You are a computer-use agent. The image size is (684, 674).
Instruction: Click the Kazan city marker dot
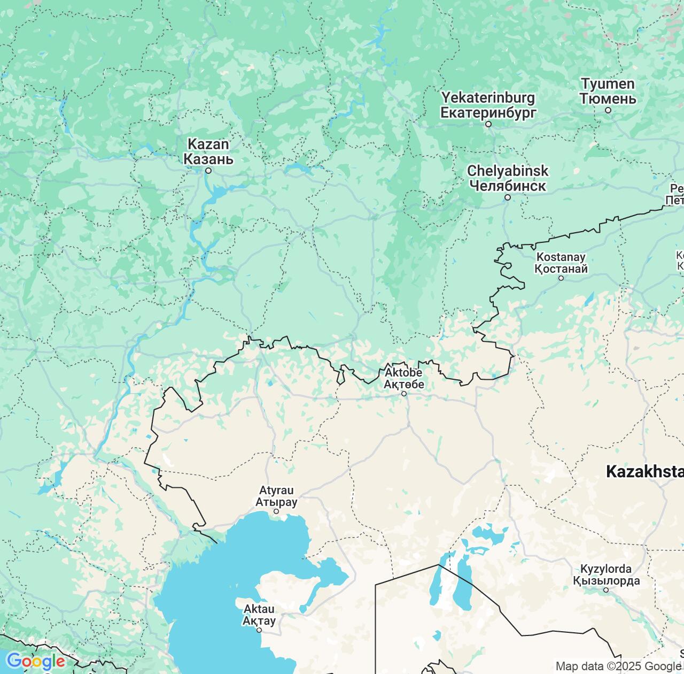pos(209,171)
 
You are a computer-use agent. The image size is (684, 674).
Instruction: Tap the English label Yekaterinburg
pos(488,98)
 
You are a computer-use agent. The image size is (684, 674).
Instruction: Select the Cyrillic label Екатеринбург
pos(488,112)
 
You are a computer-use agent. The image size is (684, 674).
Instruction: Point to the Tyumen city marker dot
pos(608,110)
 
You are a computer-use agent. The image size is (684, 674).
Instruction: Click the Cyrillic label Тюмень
pos(608,98)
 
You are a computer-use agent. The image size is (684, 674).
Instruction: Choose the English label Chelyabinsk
pos(508,171)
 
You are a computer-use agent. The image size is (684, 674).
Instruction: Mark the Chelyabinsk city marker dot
pos(508,197)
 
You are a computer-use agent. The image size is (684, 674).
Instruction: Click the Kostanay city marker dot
pos(561,278)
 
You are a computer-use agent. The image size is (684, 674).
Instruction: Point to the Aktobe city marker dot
pos(404,394)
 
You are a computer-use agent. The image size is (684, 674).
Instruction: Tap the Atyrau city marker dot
pos(276,511)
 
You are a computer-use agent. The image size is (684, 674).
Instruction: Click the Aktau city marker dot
pos(259,630)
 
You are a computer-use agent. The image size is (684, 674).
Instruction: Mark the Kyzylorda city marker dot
pos(606,590)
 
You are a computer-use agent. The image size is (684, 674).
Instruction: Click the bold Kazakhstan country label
pos(644,472)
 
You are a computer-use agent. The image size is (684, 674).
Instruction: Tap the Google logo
pos(35,662)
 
